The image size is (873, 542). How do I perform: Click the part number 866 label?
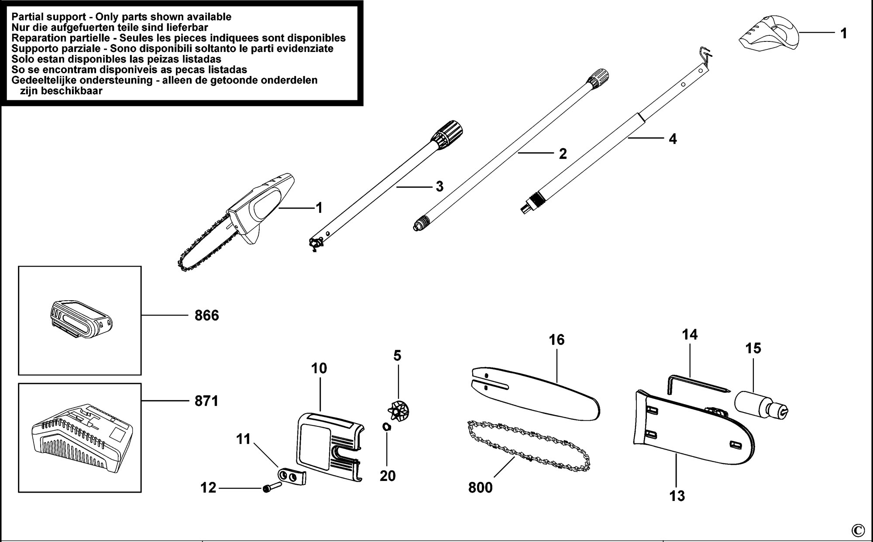point(206,315)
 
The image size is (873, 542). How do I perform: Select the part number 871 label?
point(206,401)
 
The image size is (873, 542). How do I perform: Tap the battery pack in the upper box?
point(79,319)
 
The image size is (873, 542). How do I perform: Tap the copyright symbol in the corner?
point(857,530)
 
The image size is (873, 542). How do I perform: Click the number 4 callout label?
point(673,139)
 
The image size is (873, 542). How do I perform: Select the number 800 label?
point(481,487)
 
